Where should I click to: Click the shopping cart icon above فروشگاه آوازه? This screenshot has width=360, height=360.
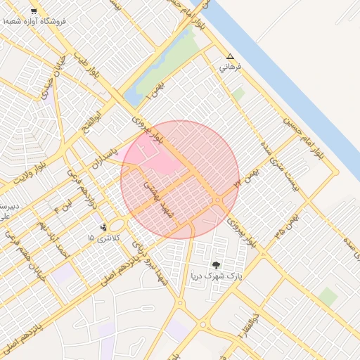coord(34,12)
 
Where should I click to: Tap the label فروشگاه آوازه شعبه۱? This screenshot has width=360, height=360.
coord(35,22)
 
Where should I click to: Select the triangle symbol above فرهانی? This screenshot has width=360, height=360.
coord(229,56)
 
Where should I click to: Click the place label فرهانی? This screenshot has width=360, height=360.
coord(230,67)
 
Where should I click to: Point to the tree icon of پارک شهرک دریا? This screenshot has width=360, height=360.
coord(215,265)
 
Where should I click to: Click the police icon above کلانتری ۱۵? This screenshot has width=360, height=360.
coord(104,226)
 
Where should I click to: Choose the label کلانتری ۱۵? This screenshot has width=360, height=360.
coord(104,238)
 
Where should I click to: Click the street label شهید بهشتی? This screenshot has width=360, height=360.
coord(154,193)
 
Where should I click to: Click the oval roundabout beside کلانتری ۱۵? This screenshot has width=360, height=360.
coord(118,225)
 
